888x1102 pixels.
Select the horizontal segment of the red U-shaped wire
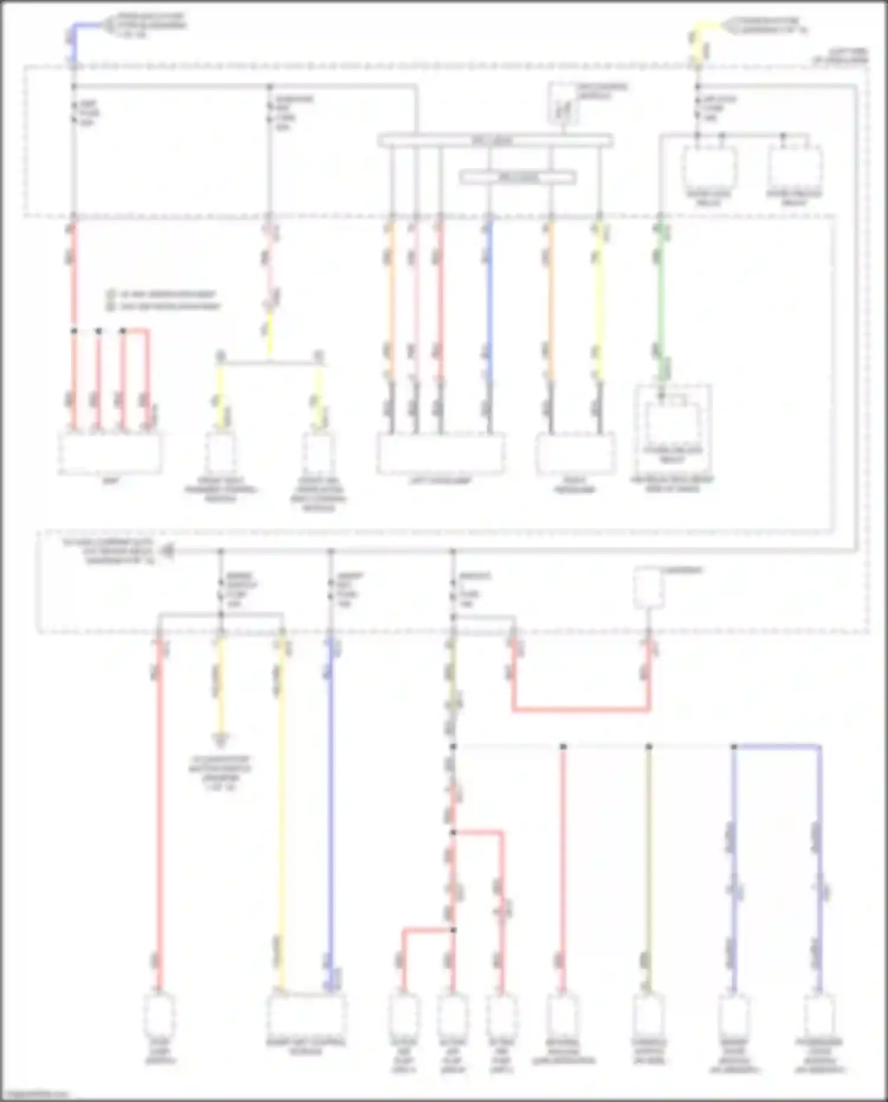click(581, 709)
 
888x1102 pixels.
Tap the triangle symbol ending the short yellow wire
click(220, 740)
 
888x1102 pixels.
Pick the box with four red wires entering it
click(110, 453)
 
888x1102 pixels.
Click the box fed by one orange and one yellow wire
click(575, 454)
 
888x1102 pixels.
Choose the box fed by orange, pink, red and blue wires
click(440, 454)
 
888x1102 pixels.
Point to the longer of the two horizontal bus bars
click(495, 141)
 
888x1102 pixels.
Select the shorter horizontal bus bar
click(517, 177)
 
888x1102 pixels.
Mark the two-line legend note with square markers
click(162, 300)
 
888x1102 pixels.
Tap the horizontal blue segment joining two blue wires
click(777, 747)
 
